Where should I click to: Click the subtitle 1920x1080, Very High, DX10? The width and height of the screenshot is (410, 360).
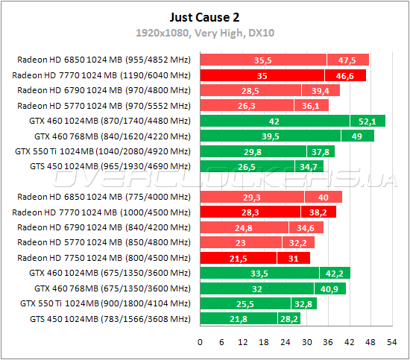click(204, 33)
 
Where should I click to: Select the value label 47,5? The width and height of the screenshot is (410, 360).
click(347, 60)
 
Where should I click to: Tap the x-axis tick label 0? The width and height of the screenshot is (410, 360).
click(199, 342)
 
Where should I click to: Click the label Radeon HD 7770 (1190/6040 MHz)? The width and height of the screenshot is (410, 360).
click(102, 75)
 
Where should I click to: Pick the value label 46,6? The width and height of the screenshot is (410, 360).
click(345, 75)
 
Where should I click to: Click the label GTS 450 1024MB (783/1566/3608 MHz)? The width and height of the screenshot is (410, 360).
click(109, 319)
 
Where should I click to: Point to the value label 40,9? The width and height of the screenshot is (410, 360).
click(328, 288)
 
